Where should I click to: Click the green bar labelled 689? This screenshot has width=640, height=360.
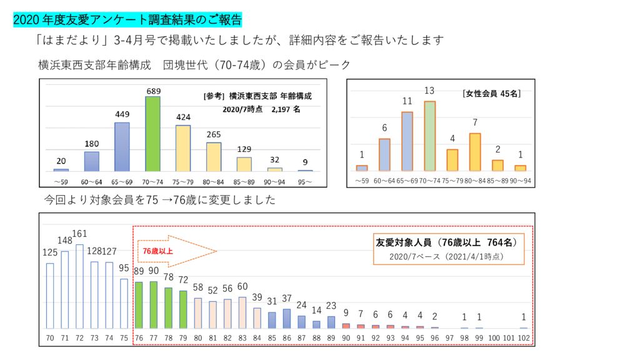(x=152, y=134)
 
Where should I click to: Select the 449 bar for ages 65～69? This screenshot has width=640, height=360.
(x=122, y=147)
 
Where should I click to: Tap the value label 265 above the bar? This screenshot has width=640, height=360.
(x=213, y=135)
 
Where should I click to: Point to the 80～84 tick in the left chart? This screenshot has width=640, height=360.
(x=213, y=181)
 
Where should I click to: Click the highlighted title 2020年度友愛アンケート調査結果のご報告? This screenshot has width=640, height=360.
(x=127, y=19)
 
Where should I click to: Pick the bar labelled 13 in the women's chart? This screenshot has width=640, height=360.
(x=429, y=136)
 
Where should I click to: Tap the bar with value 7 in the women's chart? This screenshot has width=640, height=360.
(x=474, y=152)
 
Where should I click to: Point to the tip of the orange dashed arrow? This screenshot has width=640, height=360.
(x=216, y=251)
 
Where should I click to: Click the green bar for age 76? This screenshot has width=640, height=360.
(x=138, y=305)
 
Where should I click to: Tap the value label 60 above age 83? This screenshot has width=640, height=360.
(x=242, y=286)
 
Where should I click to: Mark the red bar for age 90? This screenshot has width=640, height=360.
(x=346, y=326)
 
